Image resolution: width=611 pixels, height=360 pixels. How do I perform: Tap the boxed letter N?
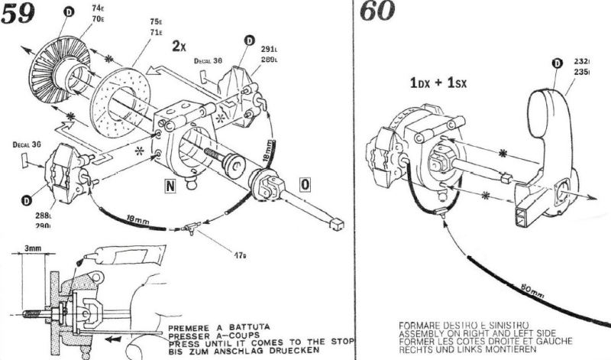pos(173,184)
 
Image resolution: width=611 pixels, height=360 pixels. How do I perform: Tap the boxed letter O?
pos(305,184)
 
